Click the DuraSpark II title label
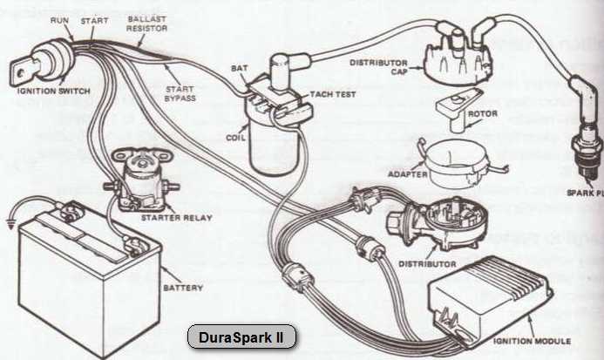(x=241, y=336)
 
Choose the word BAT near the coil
(x=239, y=67)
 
